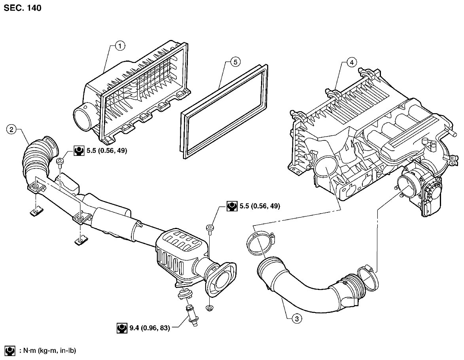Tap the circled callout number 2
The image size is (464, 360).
11,129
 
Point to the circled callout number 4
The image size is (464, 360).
351,62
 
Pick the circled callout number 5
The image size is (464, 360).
235,62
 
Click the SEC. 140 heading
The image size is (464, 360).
22,8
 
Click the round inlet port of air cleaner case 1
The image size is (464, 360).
83,118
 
